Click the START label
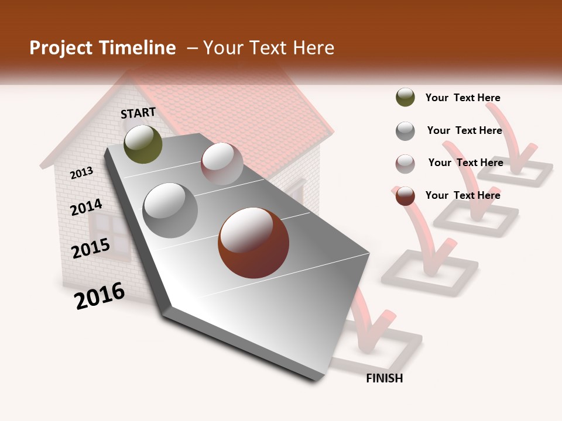click(x=138, y=113)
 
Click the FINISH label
click(x=384, y=378)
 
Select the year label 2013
click(x=81, y=173)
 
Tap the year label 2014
click(x=86, y=207)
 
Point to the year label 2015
click(x=91, y=249)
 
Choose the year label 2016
click(x=100, y=296)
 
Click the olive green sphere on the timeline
click(x=143, y=144)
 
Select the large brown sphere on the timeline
click(x=253, y=242)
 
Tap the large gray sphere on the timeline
click(x=170, y=210)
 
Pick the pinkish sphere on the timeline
click(x=222, y=164)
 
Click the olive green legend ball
click(x=405, y=97)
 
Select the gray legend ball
click(x=405, y=131)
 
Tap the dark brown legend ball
click(x=405, y=196)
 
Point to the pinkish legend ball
click(x=405, y=164)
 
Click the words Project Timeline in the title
click(x=102, y=48)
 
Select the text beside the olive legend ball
click(x=462, y=98)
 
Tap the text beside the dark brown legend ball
click(x=462, y=195)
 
